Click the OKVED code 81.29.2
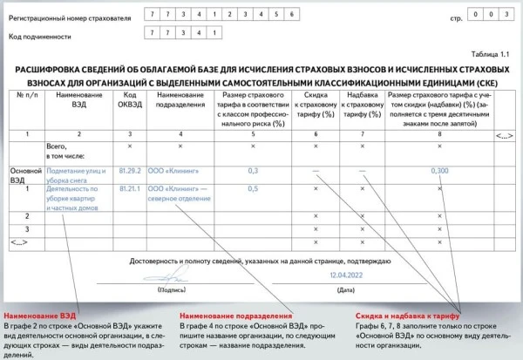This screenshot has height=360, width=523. pyautogui.click(x=129, y=172)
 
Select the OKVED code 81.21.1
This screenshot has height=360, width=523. pyautogui.click(x=129, y=187)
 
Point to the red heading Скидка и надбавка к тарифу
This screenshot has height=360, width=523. pyautogui.click(x=407, y=315)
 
